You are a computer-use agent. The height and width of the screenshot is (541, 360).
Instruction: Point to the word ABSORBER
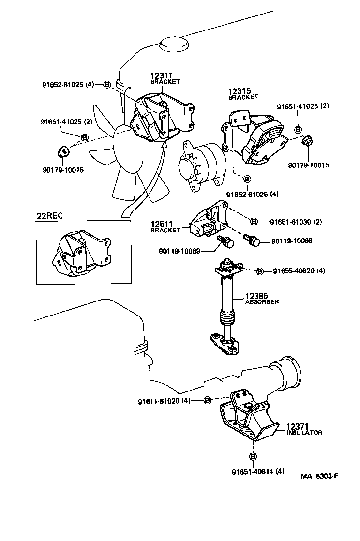(262, 301)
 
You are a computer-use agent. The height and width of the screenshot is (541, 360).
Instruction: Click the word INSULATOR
(304, 433)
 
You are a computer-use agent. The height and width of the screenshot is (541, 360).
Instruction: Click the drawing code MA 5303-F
(319, 476)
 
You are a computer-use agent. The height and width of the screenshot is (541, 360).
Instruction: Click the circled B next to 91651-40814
(252, 456)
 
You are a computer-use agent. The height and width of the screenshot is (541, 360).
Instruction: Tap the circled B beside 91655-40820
(259, 271)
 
